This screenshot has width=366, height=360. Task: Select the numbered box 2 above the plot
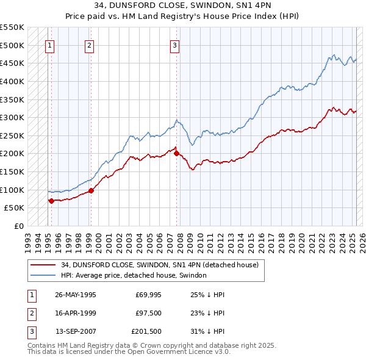click(89, 45)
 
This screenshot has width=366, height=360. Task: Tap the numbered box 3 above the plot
click(174, 45)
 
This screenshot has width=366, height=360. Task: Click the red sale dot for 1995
click(51, 200)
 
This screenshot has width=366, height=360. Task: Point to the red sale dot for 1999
click(91, 190)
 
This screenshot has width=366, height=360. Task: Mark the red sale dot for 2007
click(177, 153)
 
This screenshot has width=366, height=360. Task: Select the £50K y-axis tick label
click(15, 208)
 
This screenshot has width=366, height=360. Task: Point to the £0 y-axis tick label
click(18, 226)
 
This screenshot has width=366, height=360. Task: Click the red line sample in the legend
click(43, 265)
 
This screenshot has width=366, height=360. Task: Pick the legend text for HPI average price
click(134, 275)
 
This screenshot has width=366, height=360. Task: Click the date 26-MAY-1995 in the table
click(76, 294)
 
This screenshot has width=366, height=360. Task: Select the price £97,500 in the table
click(149, 313)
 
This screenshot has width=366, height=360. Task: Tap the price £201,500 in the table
click(147, 333)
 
